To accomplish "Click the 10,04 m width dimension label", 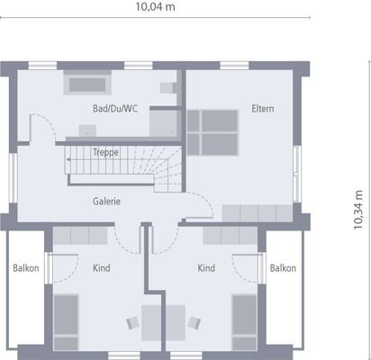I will click(155, 8).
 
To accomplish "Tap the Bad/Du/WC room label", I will click(114, 109).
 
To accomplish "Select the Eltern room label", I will click(263, 109).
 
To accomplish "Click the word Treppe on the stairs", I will click(104, 152).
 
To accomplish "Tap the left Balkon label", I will click(25, 267).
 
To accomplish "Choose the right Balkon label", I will click(283, 267).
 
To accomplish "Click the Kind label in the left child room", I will click(101, 267).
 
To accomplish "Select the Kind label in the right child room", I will click(206, 267).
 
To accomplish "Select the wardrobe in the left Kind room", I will click(82, 236).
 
